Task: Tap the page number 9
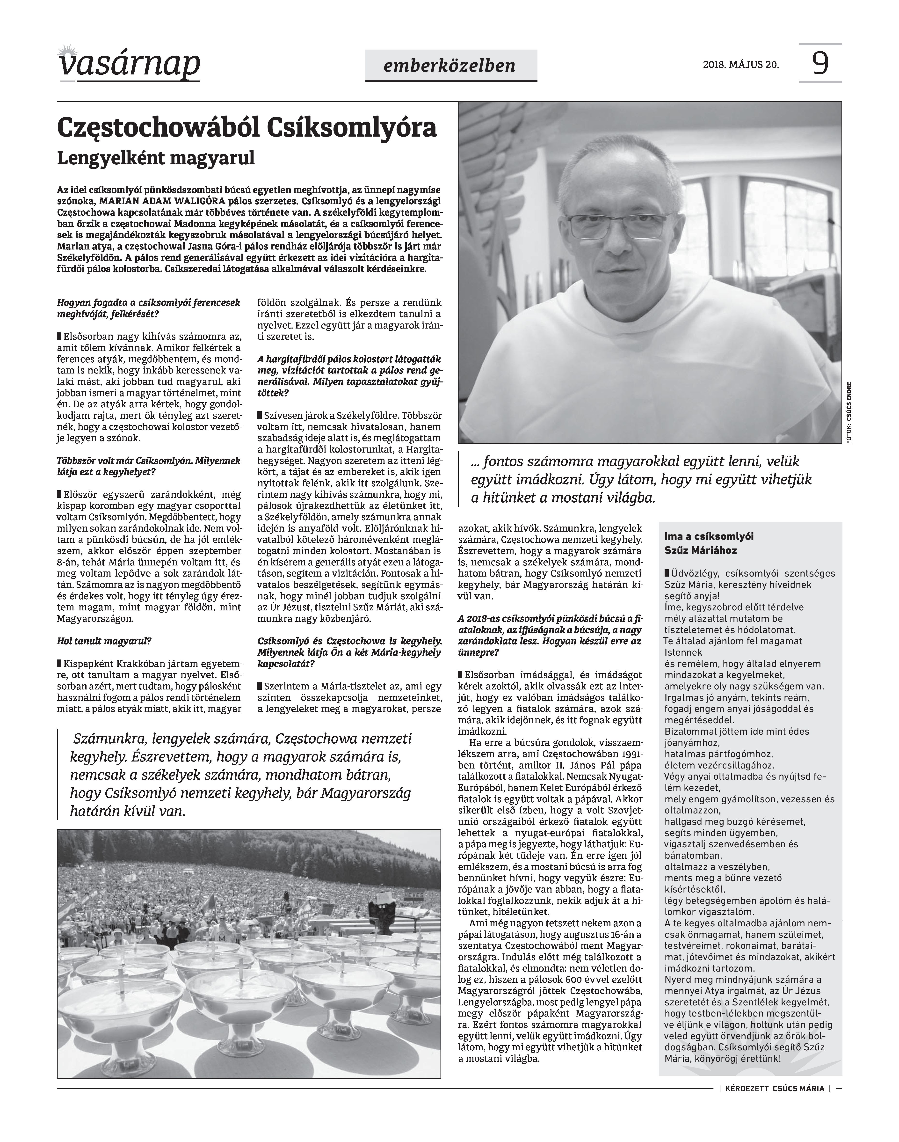click(820, 63)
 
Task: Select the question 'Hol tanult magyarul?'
click(104, 641)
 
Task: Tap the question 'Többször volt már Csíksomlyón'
click(148, 466)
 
